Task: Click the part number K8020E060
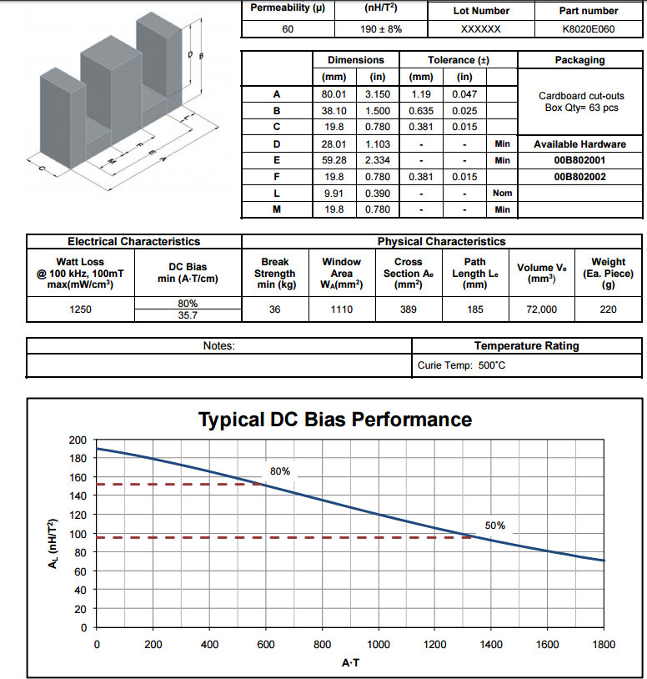pos(588,29)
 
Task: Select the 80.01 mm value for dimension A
pos(334,94)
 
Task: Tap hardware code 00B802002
pos(580,177)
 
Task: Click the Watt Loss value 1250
pos(81,309)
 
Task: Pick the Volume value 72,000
pos(541,309)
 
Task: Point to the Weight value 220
pos(608,309)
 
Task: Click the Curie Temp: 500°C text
pos(461,365)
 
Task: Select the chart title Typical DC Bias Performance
pos(335,420)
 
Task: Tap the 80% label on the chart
pos(280,471)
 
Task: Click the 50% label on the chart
pos(495,526)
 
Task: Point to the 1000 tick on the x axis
pos(379,644)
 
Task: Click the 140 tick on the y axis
pos(78,495)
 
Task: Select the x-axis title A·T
pos(350,663)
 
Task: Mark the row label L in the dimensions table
pos(277,194)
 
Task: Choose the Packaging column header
pos(580,60)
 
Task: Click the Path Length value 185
pos(474,309)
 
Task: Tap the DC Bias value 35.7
pos(188,315)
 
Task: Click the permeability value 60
pos(288,29)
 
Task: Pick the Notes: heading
pos(219,345)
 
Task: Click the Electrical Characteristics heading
pos(133,241)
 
